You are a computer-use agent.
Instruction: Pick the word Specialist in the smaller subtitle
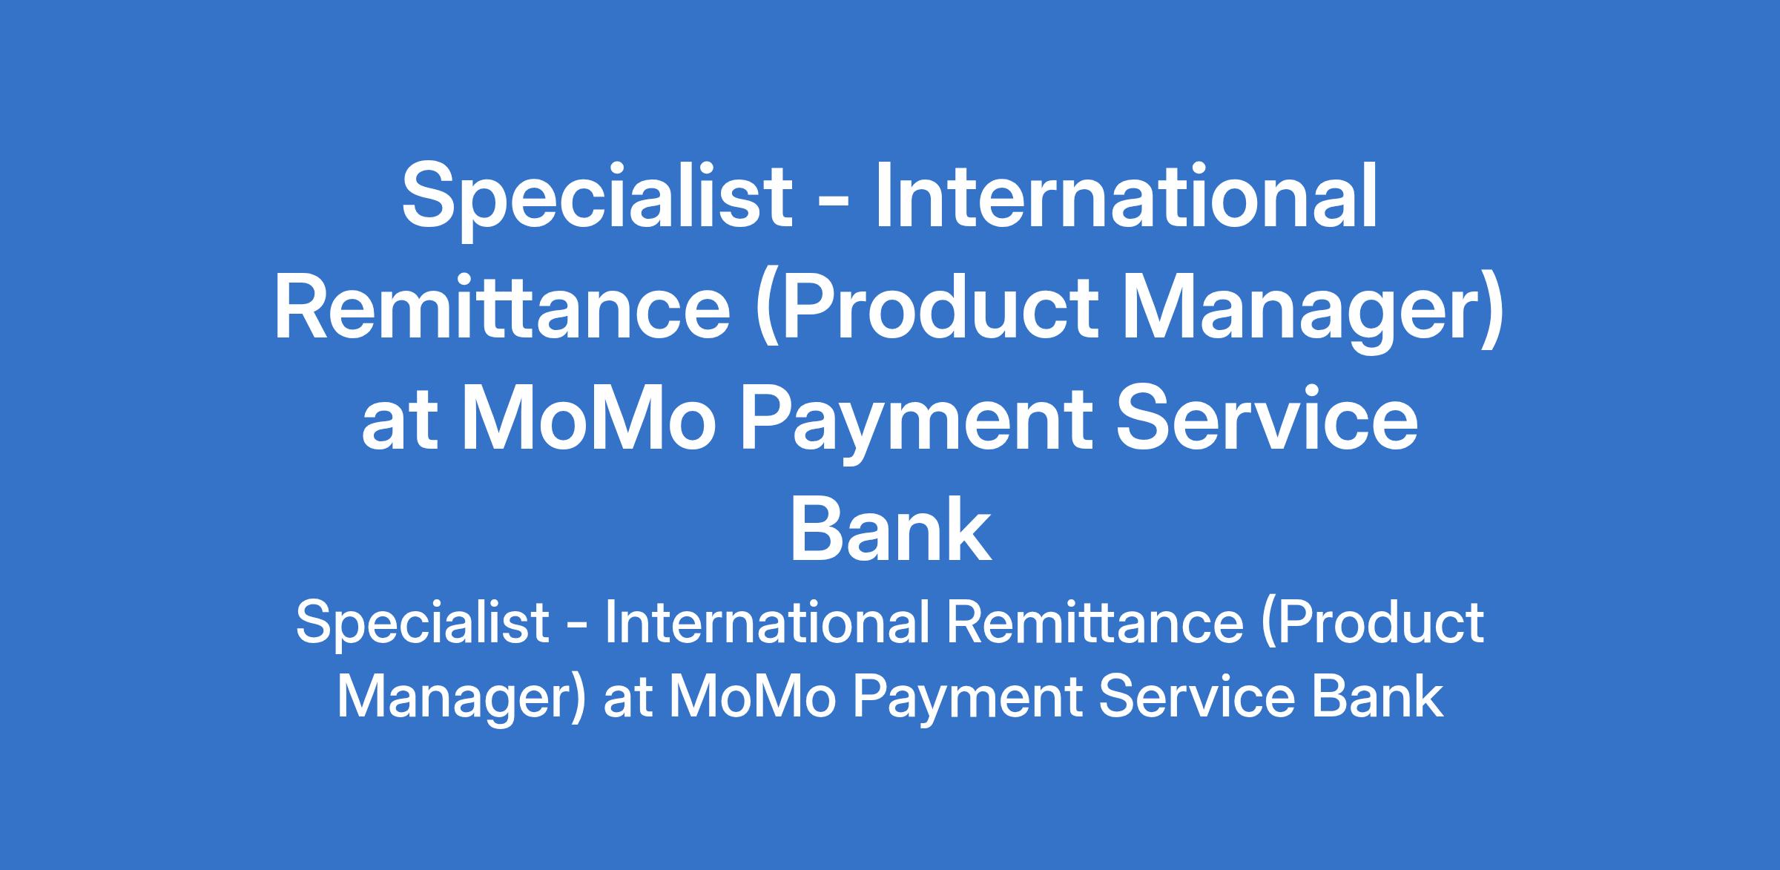(421, 622)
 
